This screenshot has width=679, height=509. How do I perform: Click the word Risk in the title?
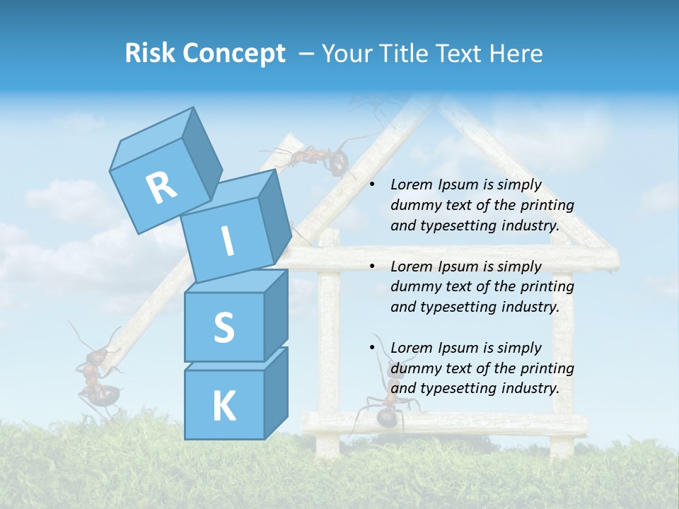point(151,54)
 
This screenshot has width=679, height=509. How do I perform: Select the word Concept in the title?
point(233,54)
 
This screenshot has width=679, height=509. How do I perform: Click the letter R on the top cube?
point(161,188)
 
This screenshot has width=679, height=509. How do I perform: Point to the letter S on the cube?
point(224,327)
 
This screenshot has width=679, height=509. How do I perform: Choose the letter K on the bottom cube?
point(224,406)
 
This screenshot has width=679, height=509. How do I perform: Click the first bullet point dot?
point(372,185)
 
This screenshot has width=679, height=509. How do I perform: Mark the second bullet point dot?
point(372,267)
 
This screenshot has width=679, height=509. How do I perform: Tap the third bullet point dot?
point(372,349)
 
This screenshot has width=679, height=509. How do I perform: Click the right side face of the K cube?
point(276,392)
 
